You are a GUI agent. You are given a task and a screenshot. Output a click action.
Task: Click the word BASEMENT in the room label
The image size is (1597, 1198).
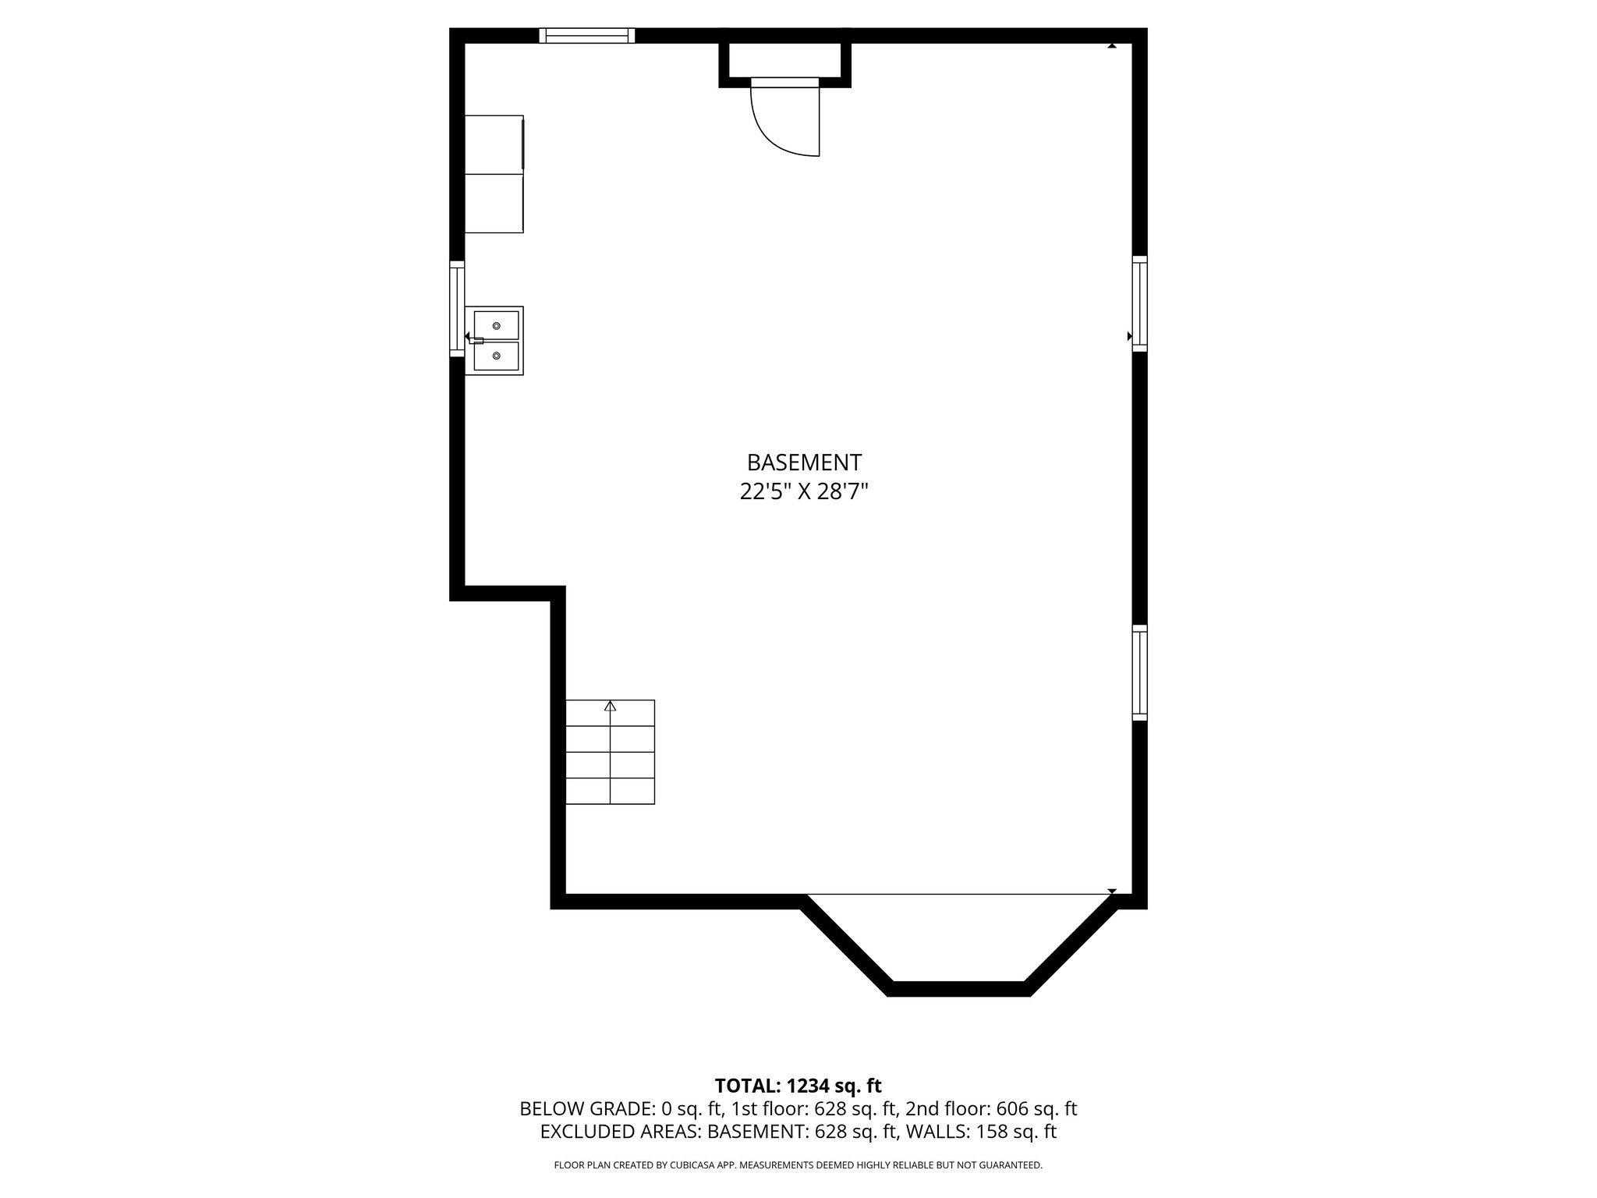click(804, 463)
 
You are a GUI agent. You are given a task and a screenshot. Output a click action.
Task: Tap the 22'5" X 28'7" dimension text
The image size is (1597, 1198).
click(804, 492)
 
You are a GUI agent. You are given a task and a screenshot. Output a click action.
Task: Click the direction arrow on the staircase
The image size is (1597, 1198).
click(610, 706)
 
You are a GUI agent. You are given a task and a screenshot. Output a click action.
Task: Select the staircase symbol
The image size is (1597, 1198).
click(610, 752)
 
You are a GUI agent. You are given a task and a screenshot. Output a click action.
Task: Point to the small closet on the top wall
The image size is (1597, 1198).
click(784, 59)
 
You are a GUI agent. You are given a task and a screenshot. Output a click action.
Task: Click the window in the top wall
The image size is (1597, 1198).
click(586, 35)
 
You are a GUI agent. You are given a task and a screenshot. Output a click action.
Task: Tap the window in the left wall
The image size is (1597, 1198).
click(457, 309)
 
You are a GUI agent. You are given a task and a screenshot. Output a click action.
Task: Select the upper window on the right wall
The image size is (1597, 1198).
click(1139, 303)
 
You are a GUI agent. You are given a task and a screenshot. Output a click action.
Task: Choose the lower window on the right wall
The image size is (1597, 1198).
click(1139, 672)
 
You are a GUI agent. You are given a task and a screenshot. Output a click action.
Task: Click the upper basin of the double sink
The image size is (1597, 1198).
click(497, 324)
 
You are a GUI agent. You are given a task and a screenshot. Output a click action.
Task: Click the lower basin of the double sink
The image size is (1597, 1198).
click(497, 356)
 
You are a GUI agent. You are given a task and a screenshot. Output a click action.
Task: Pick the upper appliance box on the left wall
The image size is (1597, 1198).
click(494, 144)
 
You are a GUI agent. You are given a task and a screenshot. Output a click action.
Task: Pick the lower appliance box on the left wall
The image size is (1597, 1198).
click(494, 203)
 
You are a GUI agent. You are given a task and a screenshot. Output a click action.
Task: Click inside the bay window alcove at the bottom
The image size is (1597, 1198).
click(959, 936)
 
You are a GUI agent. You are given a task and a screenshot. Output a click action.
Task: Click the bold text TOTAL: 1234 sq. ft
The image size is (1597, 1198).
click(798, 1086)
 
